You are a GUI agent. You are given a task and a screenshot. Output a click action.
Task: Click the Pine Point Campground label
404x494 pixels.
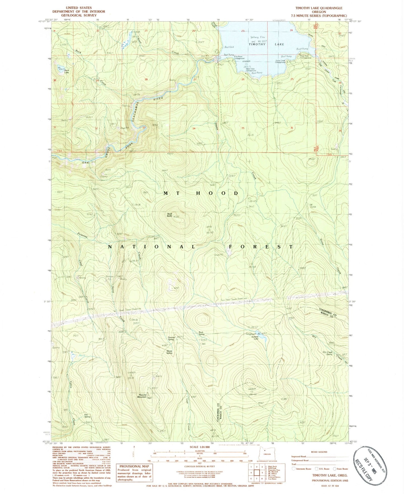pyautogui.click(x=239, y=58)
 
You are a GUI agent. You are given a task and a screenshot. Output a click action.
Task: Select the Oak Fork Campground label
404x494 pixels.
pyautogui.click(x=306, y=57)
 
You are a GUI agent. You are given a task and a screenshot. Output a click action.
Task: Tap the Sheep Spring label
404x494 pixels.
pyautogui.click(x=169, y=352)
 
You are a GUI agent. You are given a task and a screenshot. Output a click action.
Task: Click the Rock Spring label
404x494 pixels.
pyautogui.click(x=201, y=333)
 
